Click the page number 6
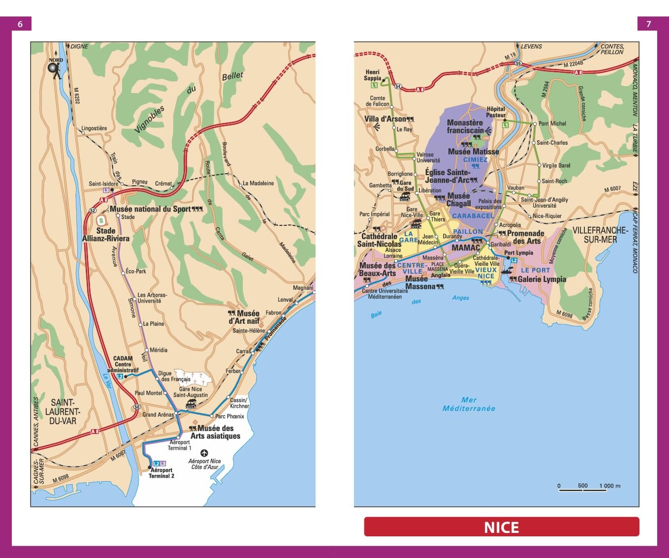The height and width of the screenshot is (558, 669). (20, 24)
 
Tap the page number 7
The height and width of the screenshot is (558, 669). (648, 24)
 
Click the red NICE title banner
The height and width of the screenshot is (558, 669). (501, 527)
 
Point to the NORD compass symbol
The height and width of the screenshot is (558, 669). (55, 69)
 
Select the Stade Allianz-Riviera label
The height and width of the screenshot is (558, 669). (106, 234)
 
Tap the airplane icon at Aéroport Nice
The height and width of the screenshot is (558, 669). (204, 453)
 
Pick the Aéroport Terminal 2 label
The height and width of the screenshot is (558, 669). (161, 473)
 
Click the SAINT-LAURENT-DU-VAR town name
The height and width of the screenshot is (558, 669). (63, 411)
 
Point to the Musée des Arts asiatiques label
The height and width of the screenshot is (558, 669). (216, 432)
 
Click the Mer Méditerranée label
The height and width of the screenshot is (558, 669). (469, 404)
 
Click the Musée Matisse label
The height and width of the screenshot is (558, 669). (473, 152)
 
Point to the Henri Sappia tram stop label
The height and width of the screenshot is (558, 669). (373, 75)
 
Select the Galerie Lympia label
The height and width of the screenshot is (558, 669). (542, 279)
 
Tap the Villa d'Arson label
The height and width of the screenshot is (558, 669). (385, 119)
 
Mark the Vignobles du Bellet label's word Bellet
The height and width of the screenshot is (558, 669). (232, 76)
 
